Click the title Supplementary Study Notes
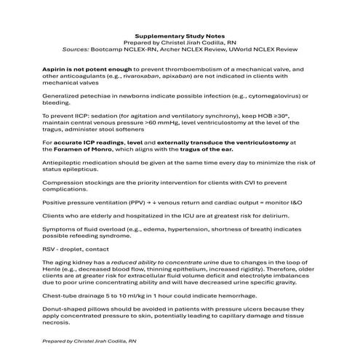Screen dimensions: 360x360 click(180, 33)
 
